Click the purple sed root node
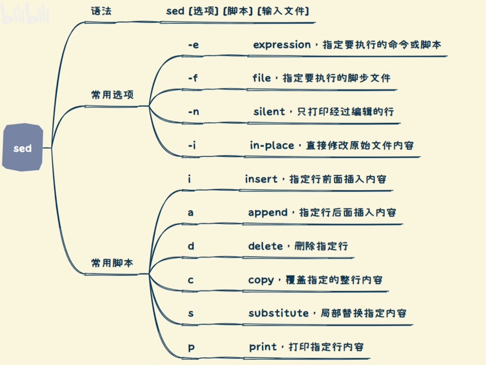(x=22, y=148)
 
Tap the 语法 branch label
(x=101, y=11)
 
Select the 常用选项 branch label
(x=112, y=95)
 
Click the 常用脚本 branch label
(x=112, y=263)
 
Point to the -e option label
(x=193, y=45)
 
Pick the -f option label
(x=193, y=78)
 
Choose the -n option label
(x=193, y=112)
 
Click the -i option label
(x=192, y=145)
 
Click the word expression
(x=282, y=45)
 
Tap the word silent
(x=269, y=112)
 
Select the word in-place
(x=272, y=146)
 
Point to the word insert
(x=261, y=179)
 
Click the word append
(x=268, y=213)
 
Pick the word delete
(x=265, y=246)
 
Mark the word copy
(x=261, y=280)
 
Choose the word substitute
(x=279, y=313)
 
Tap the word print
(x=263, y=347)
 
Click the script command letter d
(x=191, y=246)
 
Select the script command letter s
(x=191, y=313)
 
